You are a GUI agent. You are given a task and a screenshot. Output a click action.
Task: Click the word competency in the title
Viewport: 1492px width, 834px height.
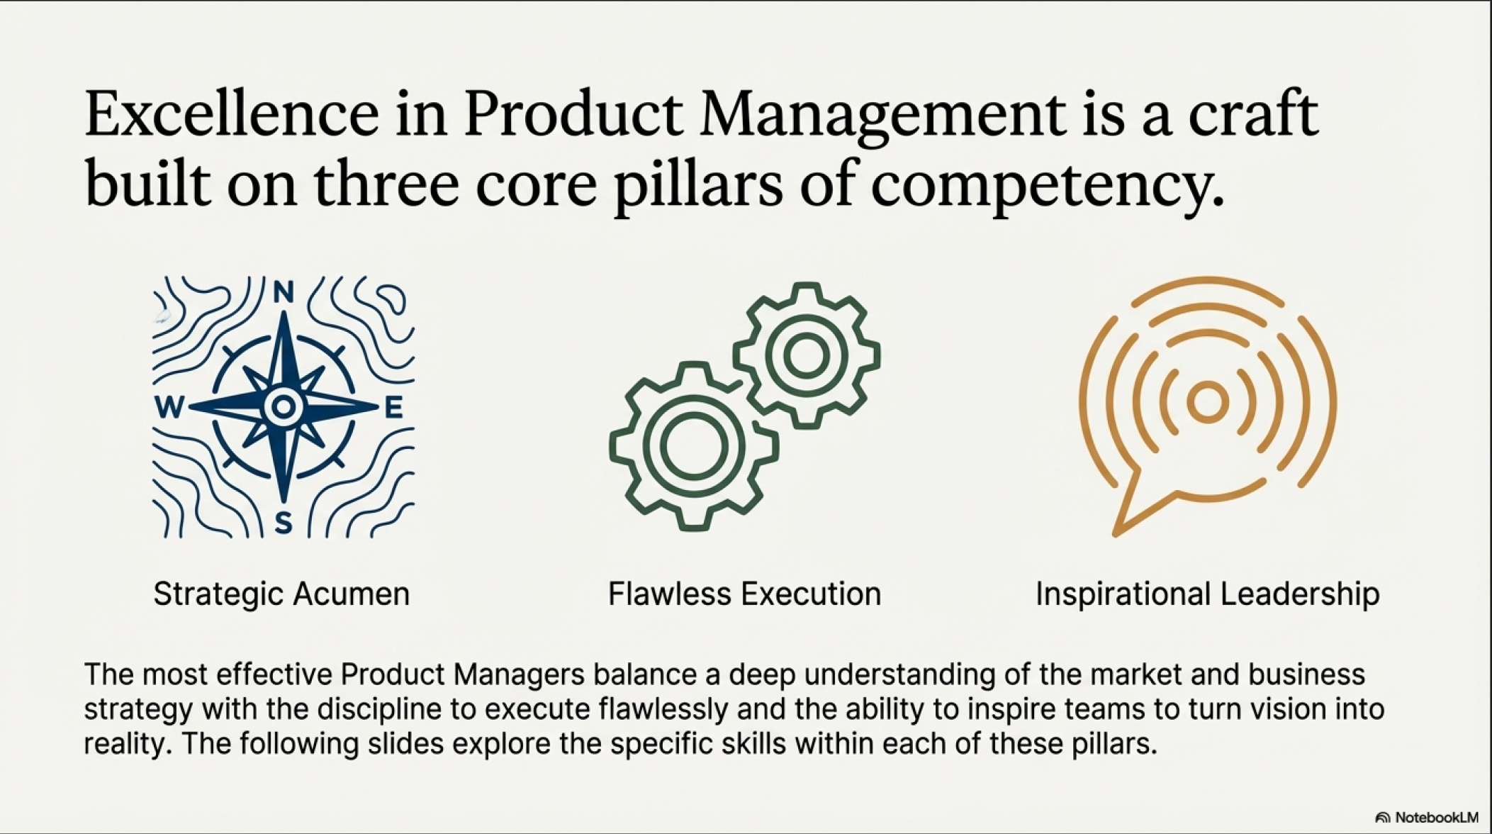point(1047,188)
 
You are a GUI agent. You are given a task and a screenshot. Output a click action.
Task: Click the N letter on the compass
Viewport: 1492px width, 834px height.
point(284,292)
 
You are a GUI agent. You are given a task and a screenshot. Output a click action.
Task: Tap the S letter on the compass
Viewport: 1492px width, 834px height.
point(284,523)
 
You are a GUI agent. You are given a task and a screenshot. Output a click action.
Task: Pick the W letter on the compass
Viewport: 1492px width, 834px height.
point(169,407)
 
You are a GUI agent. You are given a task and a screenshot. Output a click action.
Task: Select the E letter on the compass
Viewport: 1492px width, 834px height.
point(393,407)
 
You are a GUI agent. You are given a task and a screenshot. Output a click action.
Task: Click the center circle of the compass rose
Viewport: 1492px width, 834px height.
point(284,406)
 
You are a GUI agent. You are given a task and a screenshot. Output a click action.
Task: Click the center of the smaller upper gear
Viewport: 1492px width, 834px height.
point(807,355)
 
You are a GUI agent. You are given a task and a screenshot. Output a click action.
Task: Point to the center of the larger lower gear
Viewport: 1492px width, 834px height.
point(694,445)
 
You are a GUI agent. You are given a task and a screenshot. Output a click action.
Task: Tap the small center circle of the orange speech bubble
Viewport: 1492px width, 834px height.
point(1207,401)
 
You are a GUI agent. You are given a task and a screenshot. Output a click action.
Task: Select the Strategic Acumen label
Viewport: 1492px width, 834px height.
point(281,594)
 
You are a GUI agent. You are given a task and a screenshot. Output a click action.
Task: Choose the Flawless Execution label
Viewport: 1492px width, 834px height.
point(744,594)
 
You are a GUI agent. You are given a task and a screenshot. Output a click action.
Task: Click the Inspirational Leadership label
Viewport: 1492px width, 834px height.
point(1208,594)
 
